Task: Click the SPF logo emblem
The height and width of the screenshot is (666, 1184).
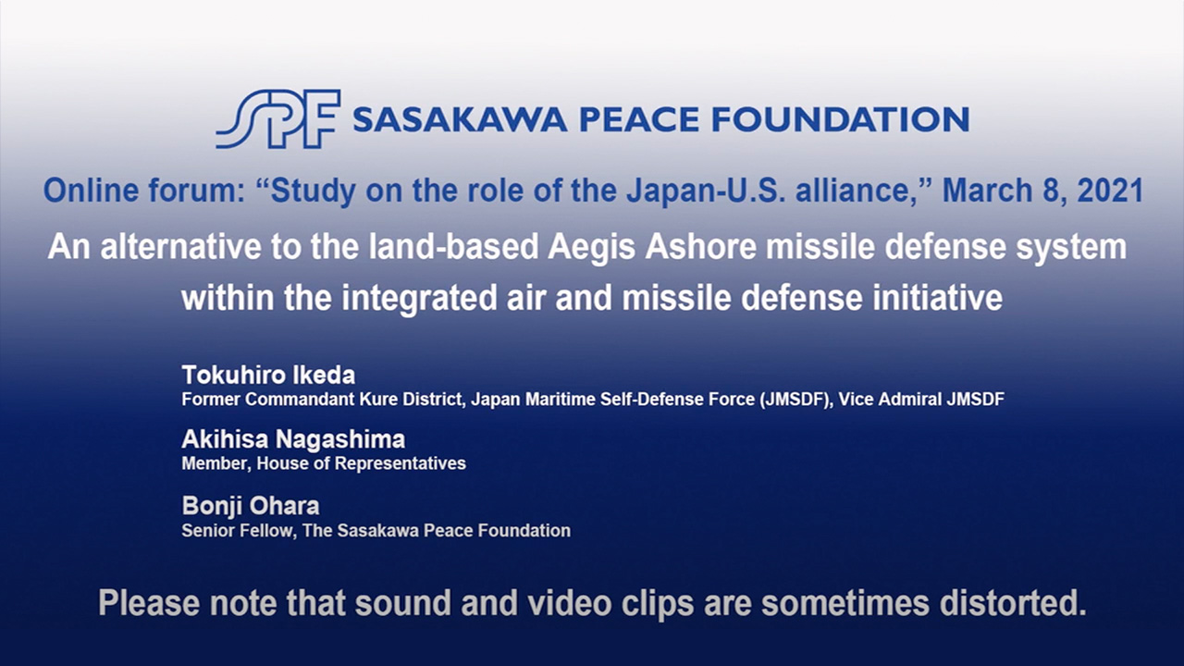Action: (x=278, y=119)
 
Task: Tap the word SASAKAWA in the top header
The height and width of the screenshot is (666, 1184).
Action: (x=460, y=119)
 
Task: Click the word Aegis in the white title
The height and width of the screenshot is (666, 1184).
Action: (x=591, y=247)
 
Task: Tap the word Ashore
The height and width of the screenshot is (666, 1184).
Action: (x=700, y=247)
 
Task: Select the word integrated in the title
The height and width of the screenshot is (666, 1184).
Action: (x=420, y=298)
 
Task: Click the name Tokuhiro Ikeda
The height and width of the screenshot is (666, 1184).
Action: (x=268, y=376)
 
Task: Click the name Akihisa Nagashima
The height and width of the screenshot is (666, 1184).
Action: (x=293, y=439)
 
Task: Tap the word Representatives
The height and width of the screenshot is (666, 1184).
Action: (x=401, y=463)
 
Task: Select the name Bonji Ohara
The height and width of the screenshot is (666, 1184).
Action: (x=251, y=506)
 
